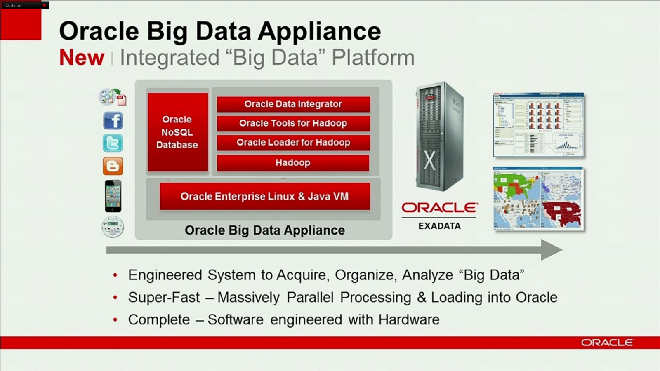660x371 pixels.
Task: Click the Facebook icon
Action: point(113,121)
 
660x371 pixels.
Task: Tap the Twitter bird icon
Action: point(113,143)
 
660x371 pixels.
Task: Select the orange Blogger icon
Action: point(113,166)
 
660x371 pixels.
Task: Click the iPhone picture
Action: point(113,196)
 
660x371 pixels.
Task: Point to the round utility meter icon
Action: point(113,227)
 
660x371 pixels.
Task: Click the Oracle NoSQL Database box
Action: point(177,132)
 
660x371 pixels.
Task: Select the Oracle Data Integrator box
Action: point(293,104)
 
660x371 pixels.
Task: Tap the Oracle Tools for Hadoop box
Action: point(293,123)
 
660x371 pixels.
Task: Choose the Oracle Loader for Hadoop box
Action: point(293,143)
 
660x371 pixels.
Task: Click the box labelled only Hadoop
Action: point(293,163)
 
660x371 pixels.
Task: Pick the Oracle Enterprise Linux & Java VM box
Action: point(264,196)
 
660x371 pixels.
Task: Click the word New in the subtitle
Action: point(82,57)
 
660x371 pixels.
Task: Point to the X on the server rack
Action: point(429,160)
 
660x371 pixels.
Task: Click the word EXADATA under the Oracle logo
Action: point(439,226)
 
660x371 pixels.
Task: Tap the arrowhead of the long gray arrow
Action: point(551,250)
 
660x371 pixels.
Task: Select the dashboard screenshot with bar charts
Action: point(538,125)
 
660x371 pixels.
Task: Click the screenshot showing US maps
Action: point(538,198)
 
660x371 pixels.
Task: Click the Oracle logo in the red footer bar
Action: point(607,343)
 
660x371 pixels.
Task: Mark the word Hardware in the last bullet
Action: point(409,320)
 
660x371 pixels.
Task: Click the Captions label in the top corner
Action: point(13,5)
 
